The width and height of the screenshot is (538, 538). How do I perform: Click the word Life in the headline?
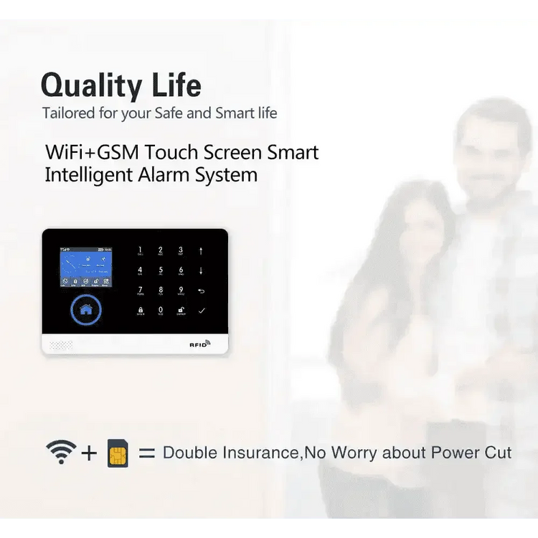tap(176, 85)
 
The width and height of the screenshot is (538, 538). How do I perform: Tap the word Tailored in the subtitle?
tap(67, 113)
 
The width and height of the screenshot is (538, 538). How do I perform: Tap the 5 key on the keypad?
tap(160, 271)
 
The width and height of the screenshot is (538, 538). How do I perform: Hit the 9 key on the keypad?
tap(181, 291)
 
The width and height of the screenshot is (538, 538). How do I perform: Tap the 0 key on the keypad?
tap(160, 310)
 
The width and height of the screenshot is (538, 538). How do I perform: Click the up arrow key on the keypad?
tap(202, 251)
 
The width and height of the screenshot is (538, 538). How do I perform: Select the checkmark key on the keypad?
tap(202, 310)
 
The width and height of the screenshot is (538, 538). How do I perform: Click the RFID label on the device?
tap(199, 344)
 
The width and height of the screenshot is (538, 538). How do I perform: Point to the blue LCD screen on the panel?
tap(85, 268)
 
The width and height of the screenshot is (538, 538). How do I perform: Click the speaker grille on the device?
tap(61, 344)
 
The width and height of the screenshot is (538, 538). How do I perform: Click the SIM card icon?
tap(118, 453)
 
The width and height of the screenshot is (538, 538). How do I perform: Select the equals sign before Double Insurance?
tap(146, 453)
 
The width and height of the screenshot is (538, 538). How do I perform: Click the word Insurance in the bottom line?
tap(255, 453)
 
